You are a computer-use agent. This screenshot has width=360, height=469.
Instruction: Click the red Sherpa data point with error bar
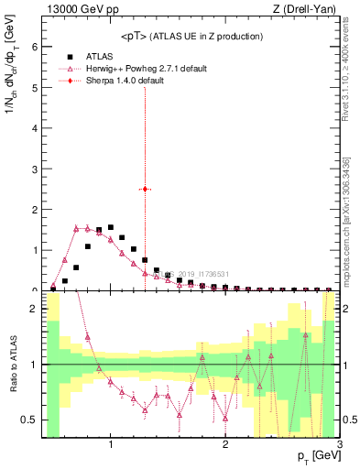pos(145,189)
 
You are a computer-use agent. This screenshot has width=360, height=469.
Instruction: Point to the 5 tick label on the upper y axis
pos(33,88)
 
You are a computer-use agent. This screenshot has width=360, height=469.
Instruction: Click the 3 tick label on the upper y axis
pos(33,169)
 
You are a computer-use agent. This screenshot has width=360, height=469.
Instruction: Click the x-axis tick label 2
pos(225,445)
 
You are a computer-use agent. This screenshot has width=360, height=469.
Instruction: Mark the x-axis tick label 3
pos(339,445)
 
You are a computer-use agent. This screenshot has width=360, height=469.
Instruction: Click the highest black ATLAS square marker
pos(111,227)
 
